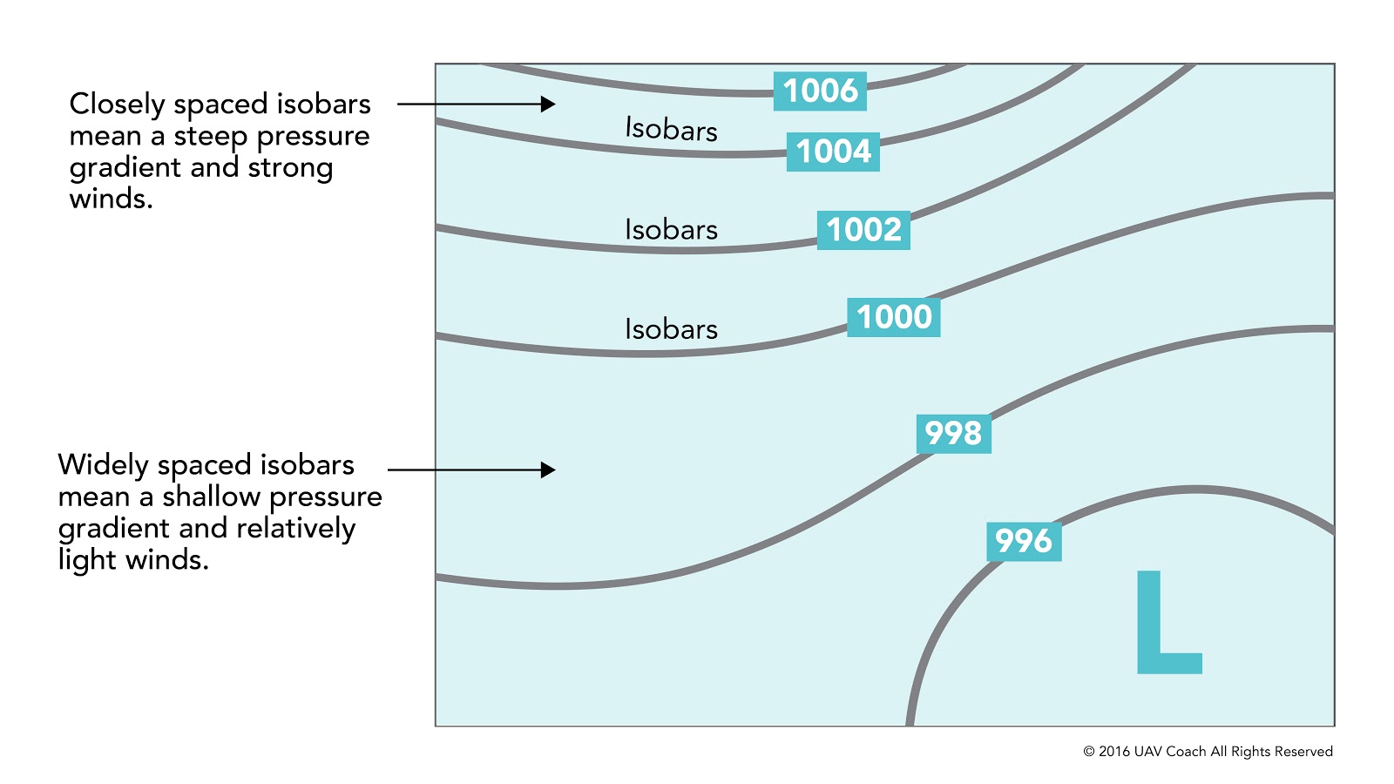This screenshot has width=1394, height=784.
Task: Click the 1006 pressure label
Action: pos(820,91)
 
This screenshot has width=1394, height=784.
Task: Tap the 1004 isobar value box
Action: pos(833,152)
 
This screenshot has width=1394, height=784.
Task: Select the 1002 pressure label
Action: pos(863,230)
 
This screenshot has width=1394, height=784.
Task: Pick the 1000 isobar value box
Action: pos(894,317)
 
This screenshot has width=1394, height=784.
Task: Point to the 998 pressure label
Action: pos(953,433)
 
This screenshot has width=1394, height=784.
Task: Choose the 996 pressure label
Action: pos(1024,541)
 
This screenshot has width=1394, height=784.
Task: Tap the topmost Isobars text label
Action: pos(671,129)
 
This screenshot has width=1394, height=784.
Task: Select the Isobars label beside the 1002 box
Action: pos(671,229)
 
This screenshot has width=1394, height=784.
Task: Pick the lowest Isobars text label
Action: pos(671,328)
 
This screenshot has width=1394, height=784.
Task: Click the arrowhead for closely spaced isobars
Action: pos(548,104)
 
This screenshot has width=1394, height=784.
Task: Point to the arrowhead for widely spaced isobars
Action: pos(548,470)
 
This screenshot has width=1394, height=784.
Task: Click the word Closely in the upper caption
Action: pos(117,105)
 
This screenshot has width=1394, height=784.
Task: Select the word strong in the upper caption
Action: pos(290,168)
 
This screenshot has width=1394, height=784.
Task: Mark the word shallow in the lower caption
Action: pos(211,497)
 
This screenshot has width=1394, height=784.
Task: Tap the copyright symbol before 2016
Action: pos(1089,752)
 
